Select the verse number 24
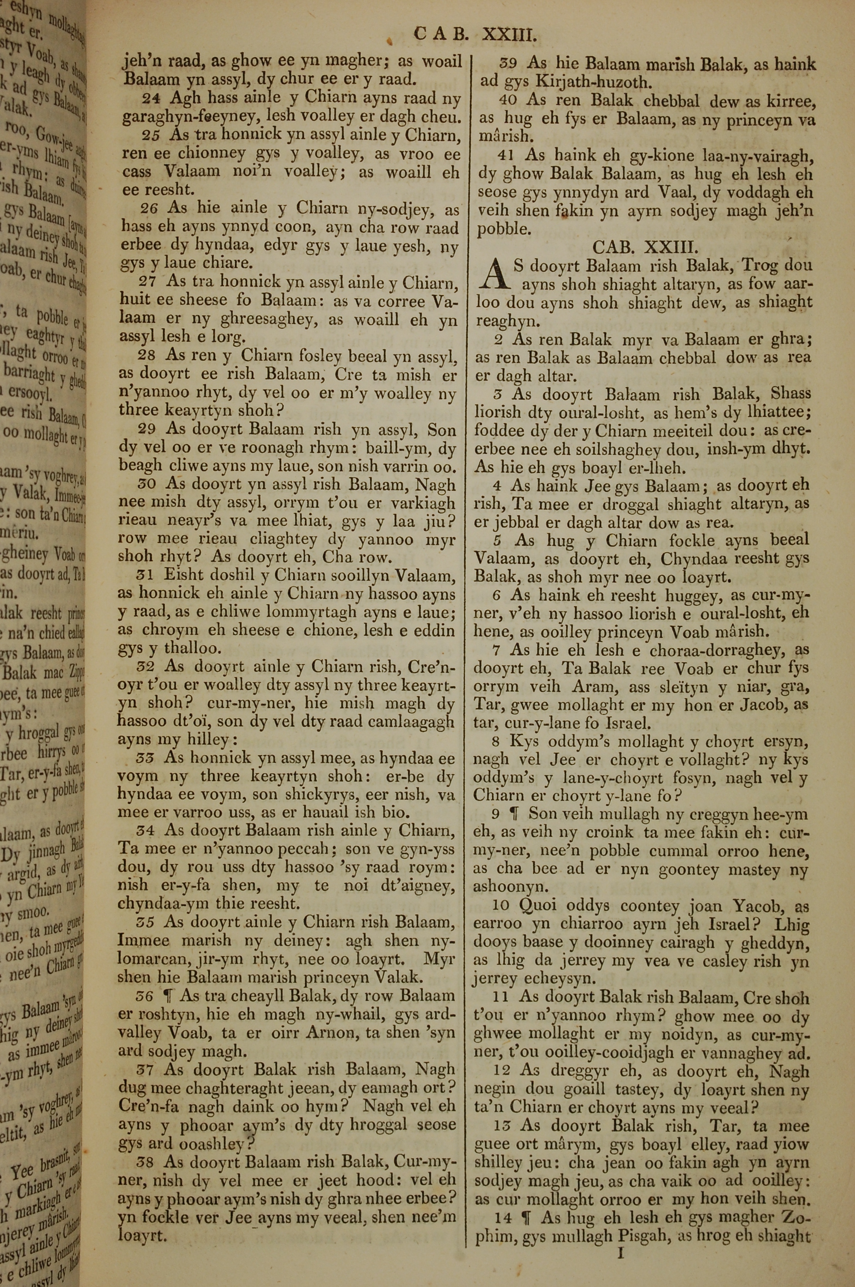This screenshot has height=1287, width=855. (x=150, y=99)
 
